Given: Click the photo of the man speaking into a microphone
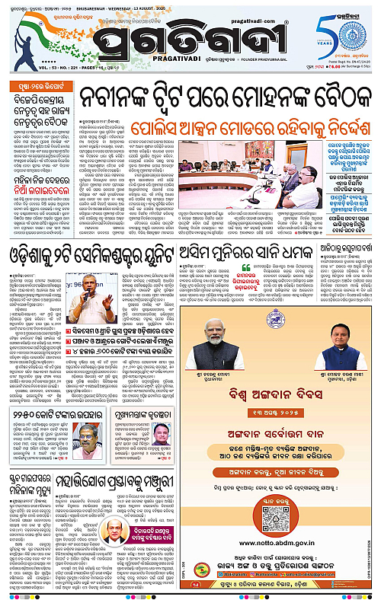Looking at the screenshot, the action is tap(95, 286).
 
